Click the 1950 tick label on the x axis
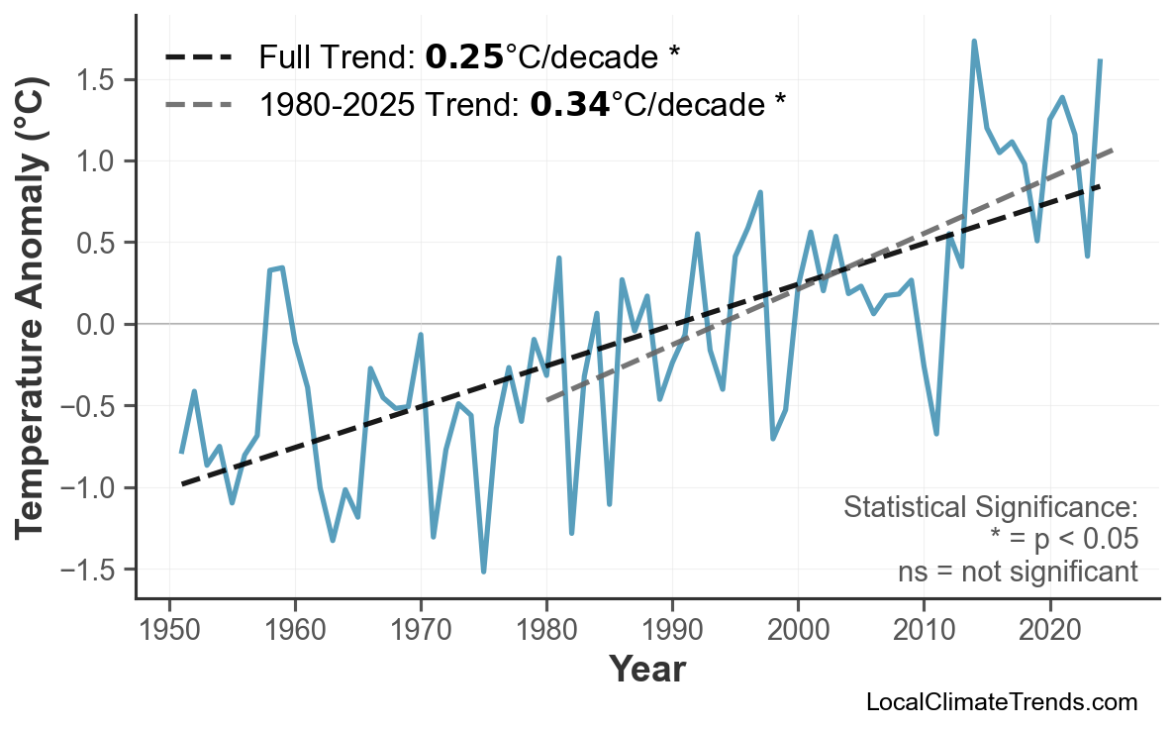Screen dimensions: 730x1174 tap(169, 631)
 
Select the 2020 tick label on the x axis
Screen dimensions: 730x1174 tap(1049, 631)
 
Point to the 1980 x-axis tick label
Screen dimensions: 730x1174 tap(546, 631)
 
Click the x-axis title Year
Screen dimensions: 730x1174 tap(646, 670)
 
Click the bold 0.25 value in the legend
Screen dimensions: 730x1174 tap(464, 57)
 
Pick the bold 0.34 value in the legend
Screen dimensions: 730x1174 tap(569, 103)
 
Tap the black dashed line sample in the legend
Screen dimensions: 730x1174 tap(199, 57)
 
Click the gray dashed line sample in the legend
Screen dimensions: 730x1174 tap(199, 103)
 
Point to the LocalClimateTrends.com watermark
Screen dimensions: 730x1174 tap(1001, 702)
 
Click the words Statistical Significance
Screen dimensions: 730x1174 tap(990, 507)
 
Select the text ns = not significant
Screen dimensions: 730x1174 tap(1018, 572)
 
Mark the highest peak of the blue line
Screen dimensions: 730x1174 tap(974, 42)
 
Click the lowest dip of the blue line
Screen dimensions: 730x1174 tap(483, 572)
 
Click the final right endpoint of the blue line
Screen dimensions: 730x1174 tap(1100, 60)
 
